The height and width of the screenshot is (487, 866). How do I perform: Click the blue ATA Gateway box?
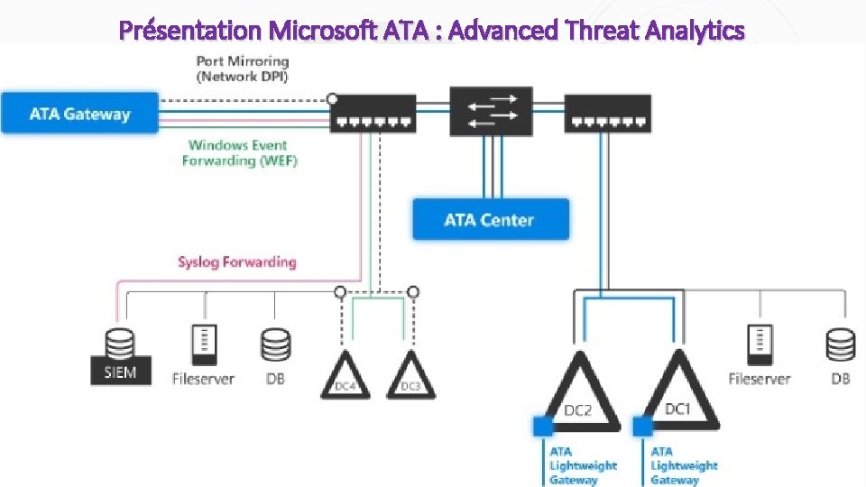tap(79, 115)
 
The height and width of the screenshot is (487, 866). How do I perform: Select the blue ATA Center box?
tap(490, 219)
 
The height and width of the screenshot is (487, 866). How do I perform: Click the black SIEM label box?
tap(120, 371)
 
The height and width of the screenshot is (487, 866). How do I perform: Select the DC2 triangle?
tap(580, 393)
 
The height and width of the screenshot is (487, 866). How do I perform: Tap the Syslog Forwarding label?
tap(236, 262)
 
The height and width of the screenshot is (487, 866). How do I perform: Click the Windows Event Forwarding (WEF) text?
tap(239, 152)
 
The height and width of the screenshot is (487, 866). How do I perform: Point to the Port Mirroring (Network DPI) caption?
tap(243, 69)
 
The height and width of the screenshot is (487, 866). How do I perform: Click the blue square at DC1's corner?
tap(643, 425)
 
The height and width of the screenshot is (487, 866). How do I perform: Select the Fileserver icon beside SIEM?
tap(203, 345)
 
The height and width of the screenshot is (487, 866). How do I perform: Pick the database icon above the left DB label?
tap(275, 345)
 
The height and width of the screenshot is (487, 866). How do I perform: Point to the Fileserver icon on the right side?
tap(760, 345)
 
